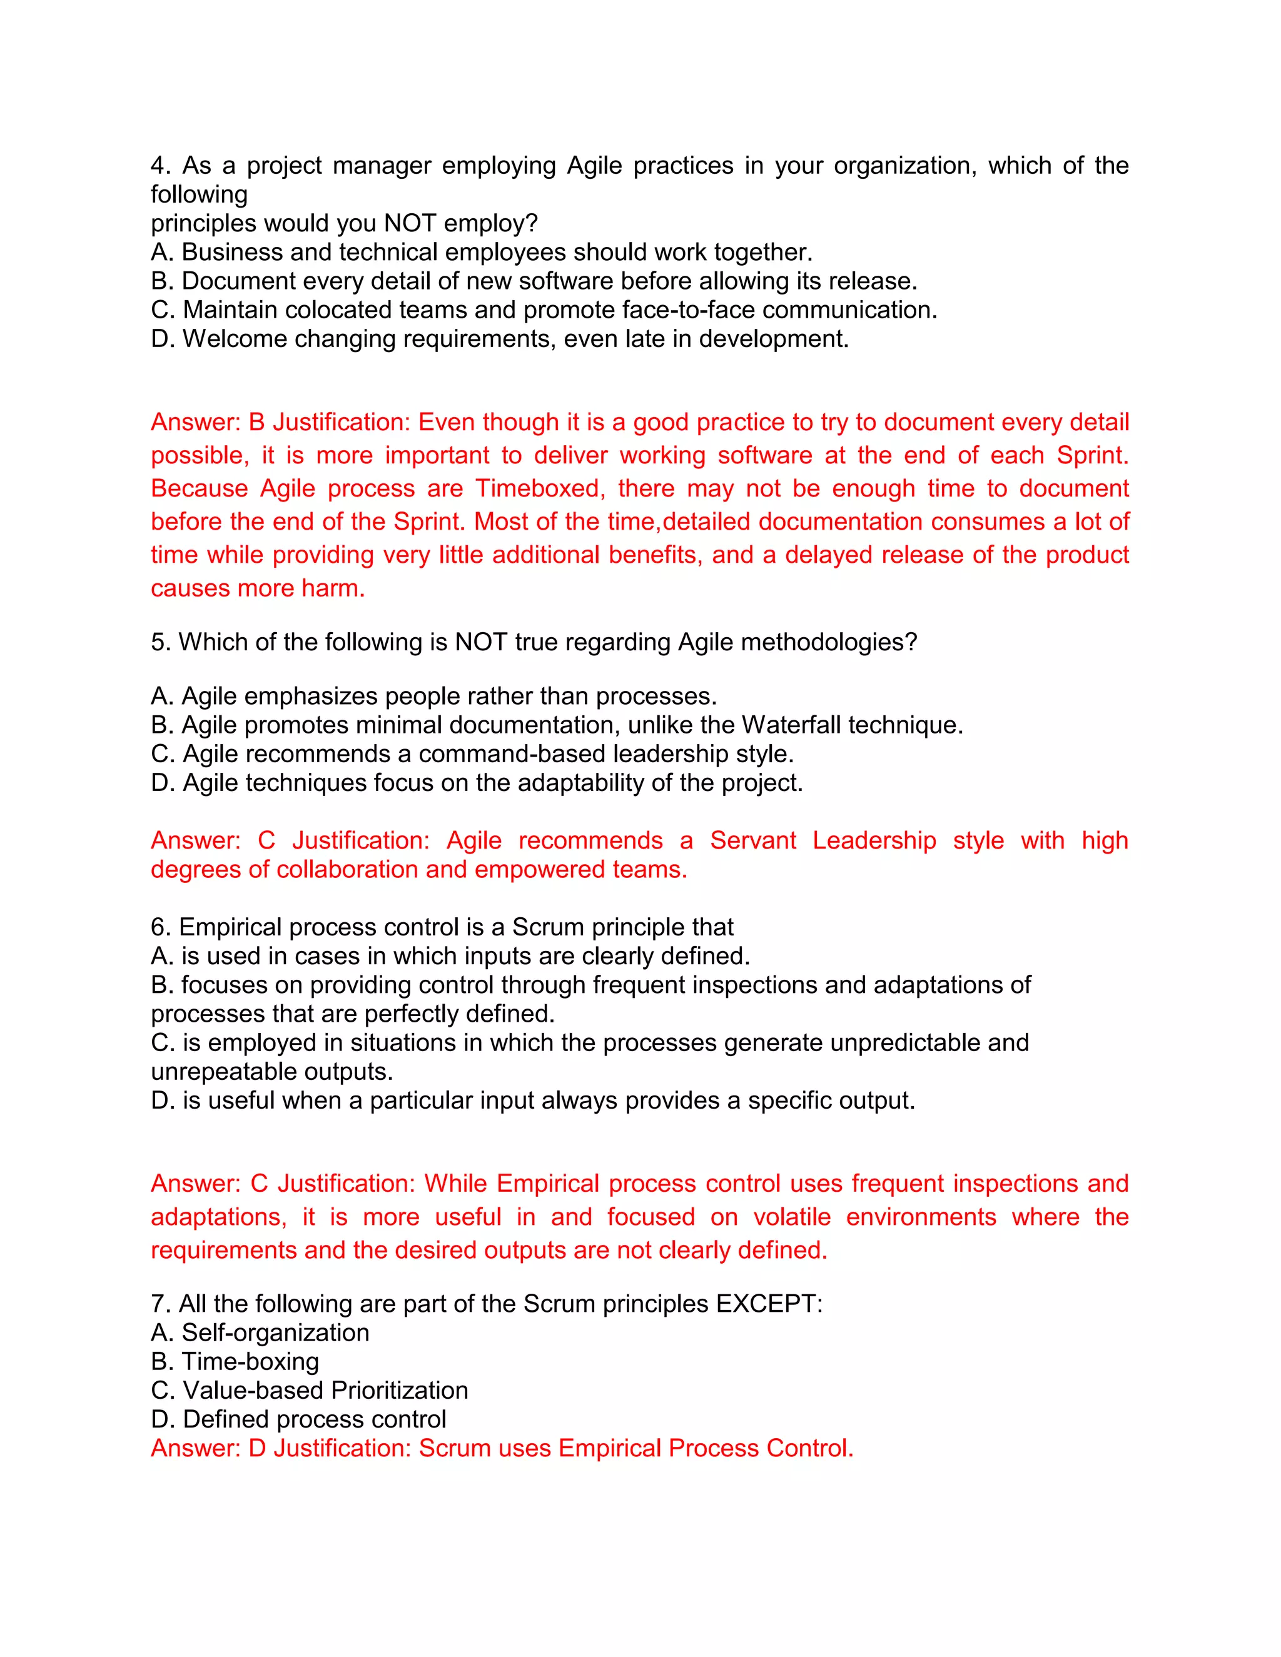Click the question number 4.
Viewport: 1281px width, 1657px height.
(158, 166)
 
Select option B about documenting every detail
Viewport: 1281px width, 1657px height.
(534, 281)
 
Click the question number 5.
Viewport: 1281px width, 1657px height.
(158, 642)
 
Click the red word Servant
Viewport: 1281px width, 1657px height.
(753, 840)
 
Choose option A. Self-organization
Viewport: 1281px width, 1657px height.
(260, 1332)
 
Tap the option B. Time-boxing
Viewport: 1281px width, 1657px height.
(235, 1361)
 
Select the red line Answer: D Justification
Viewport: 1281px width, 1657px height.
(502, 1448)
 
